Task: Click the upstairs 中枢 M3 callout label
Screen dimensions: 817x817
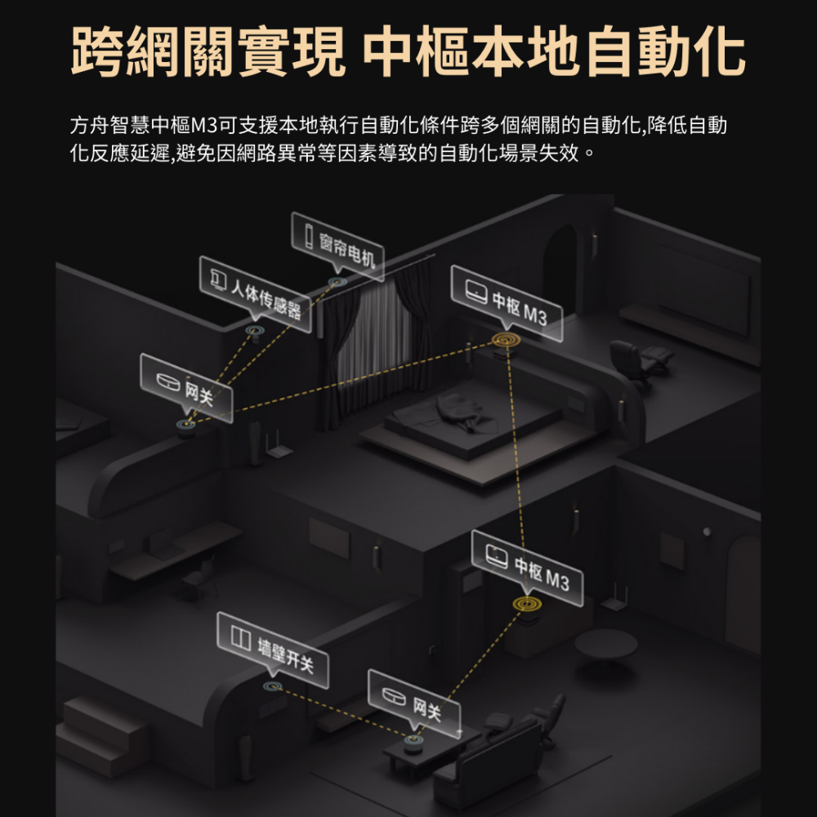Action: (507, 302)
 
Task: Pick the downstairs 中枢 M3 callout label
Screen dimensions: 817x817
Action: (527, 568)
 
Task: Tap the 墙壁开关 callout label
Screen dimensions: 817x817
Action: (273, 649)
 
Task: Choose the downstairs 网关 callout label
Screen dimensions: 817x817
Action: (414, 705)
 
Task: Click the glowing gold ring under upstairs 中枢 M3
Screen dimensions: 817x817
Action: (507, 338)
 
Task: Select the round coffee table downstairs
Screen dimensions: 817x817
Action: (605, 645)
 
